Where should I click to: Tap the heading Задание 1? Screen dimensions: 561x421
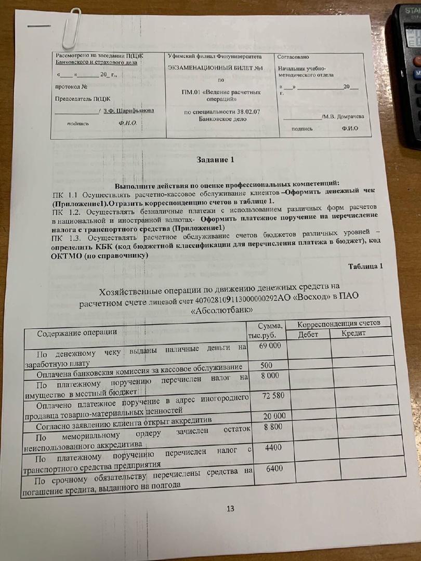coord(215,159)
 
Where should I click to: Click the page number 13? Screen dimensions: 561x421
coord(230,509)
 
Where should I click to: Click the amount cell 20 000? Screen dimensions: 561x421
coord(274,417)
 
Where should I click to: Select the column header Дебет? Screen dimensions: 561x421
coord(308,334)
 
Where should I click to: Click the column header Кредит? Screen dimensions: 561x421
coord(354,333)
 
